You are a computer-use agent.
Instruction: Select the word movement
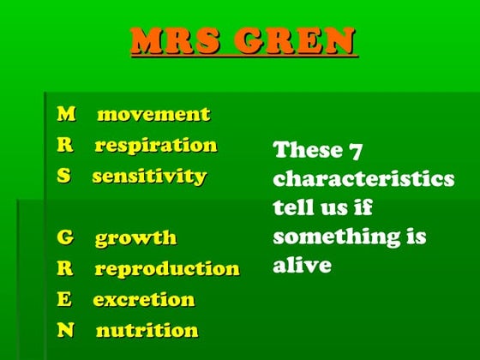tap(153, 114)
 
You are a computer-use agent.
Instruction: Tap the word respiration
tap(155, 145)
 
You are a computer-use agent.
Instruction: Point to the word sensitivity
tap(149, 177)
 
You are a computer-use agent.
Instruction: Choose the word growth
tap(135, 237)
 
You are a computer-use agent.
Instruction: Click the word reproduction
tap(166, 268)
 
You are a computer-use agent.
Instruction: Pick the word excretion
tap(144, 300)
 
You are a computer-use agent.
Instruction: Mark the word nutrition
tap(147, 331)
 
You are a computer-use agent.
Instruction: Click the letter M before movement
tap(66, 114)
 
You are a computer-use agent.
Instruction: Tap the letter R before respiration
tap(65, 145)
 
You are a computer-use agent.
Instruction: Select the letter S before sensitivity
tap(63, 177)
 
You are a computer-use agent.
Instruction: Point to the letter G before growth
tap(65, 237)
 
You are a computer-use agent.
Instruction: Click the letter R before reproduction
tap(65, 268)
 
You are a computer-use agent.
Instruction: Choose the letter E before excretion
tap(64, 300)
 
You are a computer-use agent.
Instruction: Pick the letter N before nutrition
tap(65, 331)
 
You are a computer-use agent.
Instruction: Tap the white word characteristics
tap(363, 179)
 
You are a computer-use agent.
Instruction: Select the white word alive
tap(302, 265)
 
